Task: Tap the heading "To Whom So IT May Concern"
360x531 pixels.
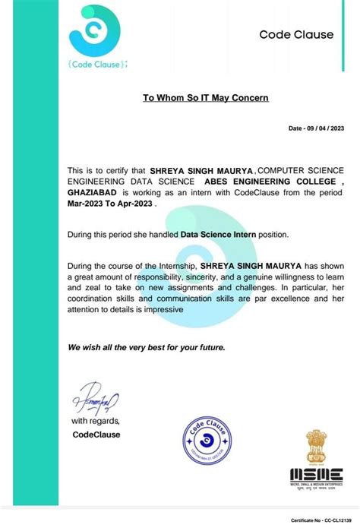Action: (x=206, y=98)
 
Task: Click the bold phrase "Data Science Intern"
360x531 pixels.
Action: (x=217, y=235)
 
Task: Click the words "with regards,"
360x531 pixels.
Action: (x=96, y=420)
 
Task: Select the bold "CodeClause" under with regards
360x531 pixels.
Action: (x=96, y=435)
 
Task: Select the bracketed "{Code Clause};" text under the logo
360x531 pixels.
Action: (x=93, y=65)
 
